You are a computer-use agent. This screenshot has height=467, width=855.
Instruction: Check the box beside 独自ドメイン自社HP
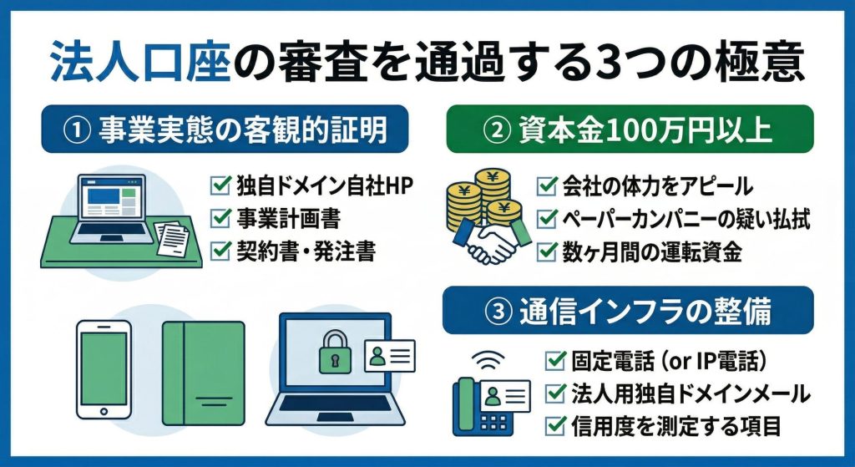pos(220,185)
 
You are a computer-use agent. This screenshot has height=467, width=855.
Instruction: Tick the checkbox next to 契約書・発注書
pos(220,251)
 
